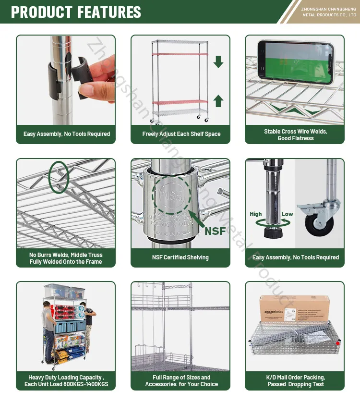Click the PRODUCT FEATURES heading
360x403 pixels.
[76, 12]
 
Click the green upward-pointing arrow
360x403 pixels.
[218, 100]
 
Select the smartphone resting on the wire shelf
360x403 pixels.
[295, 61]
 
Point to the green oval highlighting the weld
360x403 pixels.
[59, 176]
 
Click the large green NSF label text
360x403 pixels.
[215, 231]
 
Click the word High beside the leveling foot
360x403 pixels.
[256, 214]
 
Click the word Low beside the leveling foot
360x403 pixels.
[287, 214]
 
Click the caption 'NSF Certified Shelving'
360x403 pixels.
[180, 257]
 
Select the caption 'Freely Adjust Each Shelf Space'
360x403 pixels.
[181, 134]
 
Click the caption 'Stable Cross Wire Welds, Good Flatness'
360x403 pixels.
[295, 135]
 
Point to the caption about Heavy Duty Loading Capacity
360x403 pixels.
[66, 381]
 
